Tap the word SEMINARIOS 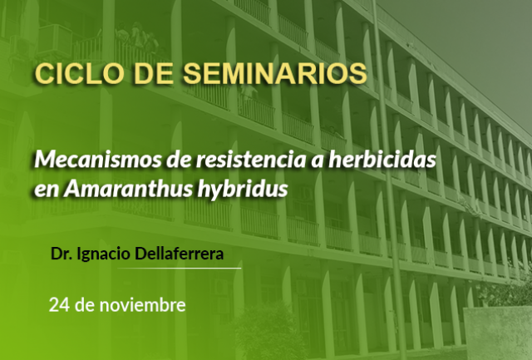(x=275, y=73)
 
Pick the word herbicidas (x=382, y=159)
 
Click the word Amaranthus (x=128, y=189)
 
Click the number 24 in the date (x=59, y=305)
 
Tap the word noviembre (x=142, y=304)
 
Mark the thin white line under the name (x=180, y=268)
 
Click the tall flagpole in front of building (x=390, y=180)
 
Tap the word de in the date (x=85, y=304)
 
